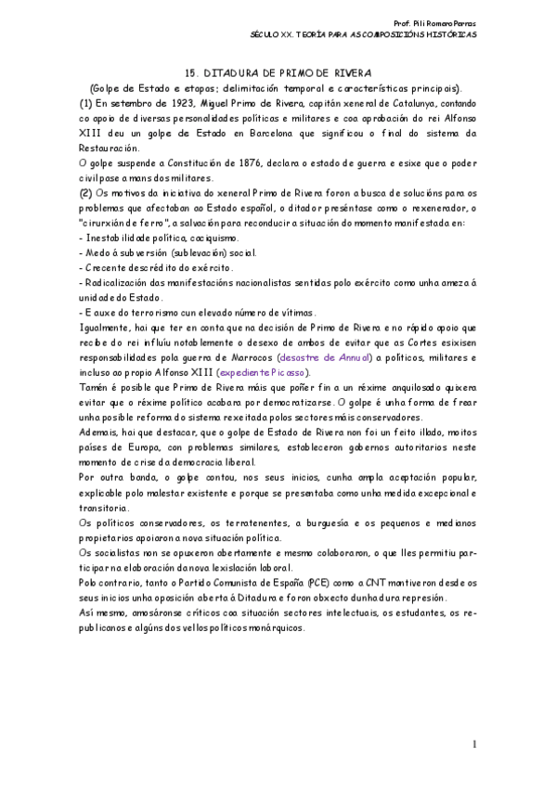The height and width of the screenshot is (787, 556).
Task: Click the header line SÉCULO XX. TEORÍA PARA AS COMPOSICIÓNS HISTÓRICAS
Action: pyautogui.click(x=364, y=33)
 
